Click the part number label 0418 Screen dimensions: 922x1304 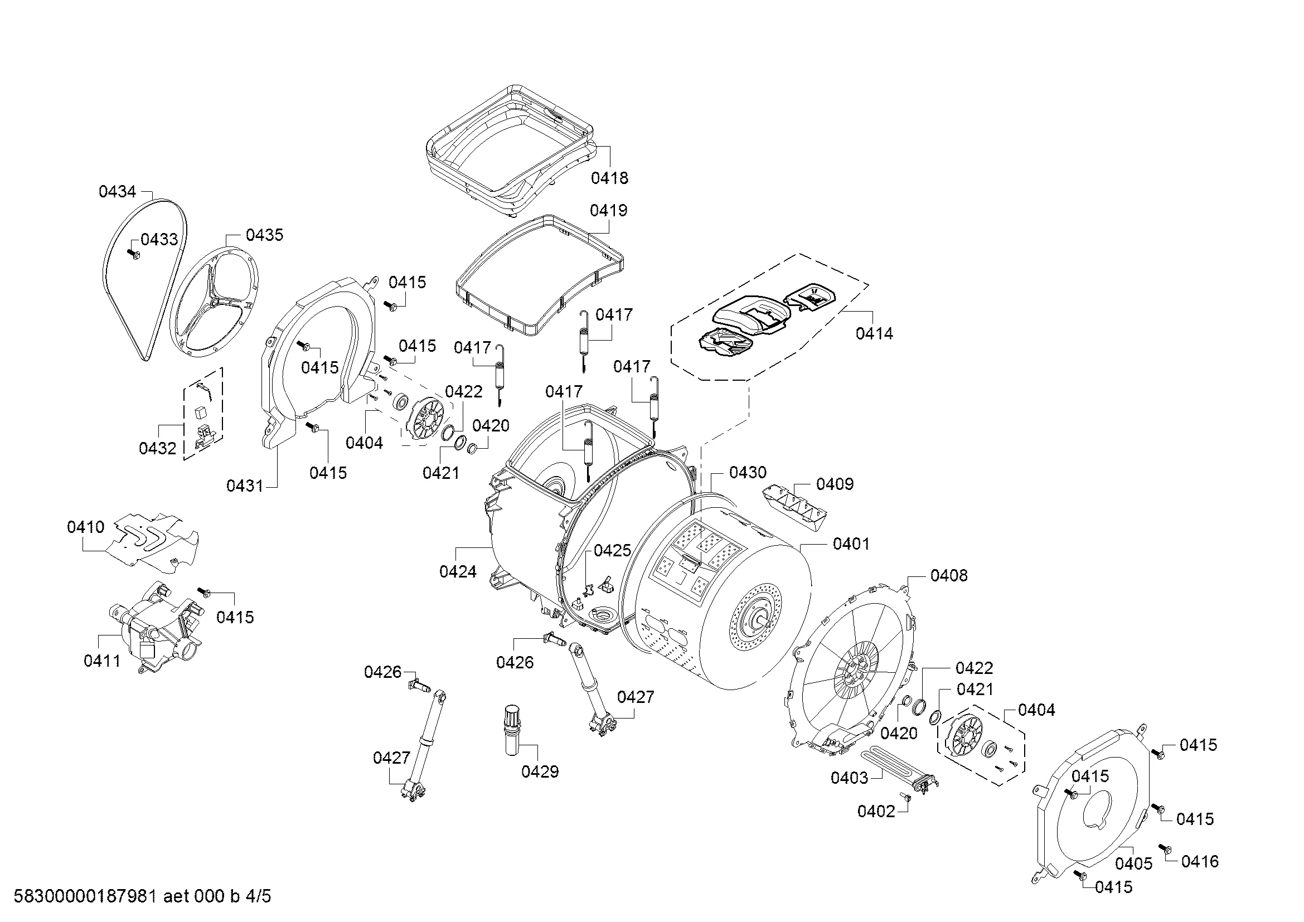tap(609, 178)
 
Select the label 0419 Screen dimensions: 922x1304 tap(608, 211)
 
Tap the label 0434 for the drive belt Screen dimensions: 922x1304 tap(117, 192)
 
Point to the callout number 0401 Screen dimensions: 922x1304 tap(851, 544)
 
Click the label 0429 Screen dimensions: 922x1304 tap(540, 771)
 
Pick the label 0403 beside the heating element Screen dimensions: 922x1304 tap(849, 778)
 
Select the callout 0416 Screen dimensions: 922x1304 tap(1200, 862)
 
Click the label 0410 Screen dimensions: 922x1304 tap(86, 527)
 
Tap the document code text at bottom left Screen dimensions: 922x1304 tap(142, 896)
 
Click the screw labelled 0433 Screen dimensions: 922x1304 tap(134, 255)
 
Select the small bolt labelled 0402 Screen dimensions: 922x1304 tap(906, 798)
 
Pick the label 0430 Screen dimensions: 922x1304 tap(748, 472)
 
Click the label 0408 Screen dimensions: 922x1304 tap(948, 576)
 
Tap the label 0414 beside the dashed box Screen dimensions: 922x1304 tap(874, 334)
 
